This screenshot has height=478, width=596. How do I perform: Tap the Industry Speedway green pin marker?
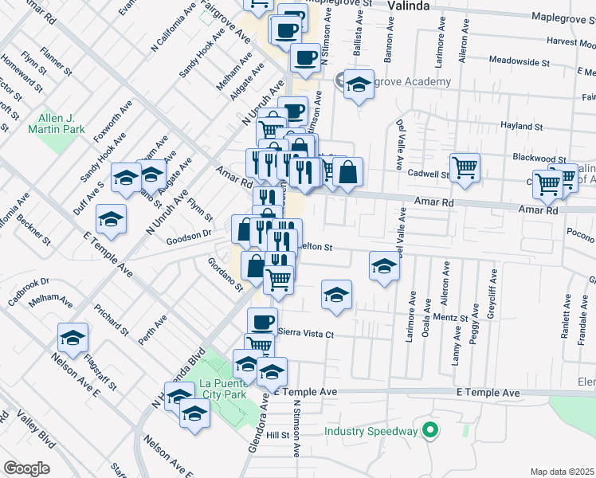pos(431,431)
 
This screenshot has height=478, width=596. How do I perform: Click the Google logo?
pos(26,468)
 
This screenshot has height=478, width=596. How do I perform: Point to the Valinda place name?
pos(409,6)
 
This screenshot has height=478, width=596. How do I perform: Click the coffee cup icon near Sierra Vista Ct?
pos(262,321)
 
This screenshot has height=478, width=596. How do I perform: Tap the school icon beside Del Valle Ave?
pos(384,266)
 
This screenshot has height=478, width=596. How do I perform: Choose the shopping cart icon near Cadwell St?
pos(465,167)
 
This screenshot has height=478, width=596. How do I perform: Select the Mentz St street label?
pos(449,316)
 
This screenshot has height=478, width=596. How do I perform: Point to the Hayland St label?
pos(521,126)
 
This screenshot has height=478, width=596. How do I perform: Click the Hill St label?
pos(276,435)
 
